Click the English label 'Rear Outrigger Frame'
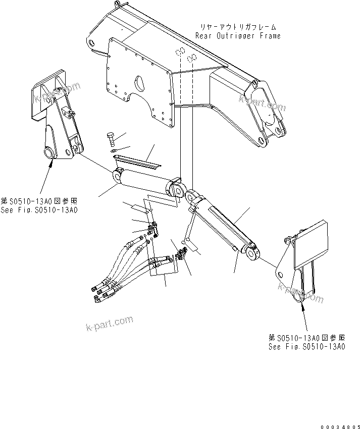tap(238, 36)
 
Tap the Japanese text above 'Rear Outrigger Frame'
tap(238, 27)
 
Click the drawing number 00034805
tap(337, 421)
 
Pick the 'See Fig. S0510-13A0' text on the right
tap(306, 346)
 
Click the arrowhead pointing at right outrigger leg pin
tap(301, 303)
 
